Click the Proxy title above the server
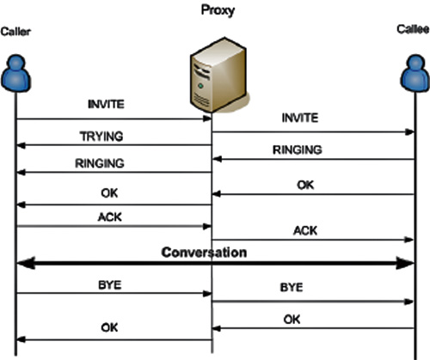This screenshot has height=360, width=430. point(218,10)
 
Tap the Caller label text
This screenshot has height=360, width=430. point(15,32)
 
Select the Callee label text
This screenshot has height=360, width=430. point(413,29)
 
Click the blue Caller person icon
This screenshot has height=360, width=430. point(16,73)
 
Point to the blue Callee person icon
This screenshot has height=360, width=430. point(415,73)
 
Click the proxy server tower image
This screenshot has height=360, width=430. point(218,75)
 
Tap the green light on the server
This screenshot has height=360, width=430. point(200,86)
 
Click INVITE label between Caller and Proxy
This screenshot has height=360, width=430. point(106,104)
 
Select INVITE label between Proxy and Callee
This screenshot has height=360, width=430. point(300,118)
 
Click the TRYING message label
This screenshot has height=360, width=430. point(101,137)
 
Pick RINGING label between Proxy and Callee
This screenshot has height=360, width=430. point(298,150)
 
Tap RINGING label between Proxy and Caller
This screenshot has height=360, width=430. point(100,163)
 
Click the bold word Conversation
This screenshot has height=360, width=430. point(204,253)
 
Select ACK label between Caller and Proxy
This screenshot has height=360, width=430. point(110,217)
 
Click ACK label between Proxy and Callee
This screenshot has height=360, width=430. point(305,231)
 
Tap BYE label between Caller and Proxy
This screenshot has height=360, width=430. point(110,285)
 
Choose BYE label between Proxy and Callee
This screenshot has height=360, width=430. point(292,287)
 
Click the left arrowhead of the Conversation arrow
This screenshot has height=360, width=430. point(26,263)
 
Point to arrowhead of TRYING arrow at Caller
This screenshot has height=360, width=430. point(21,145)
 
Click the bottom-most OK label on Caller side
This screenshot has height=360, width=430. point(109,327)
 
